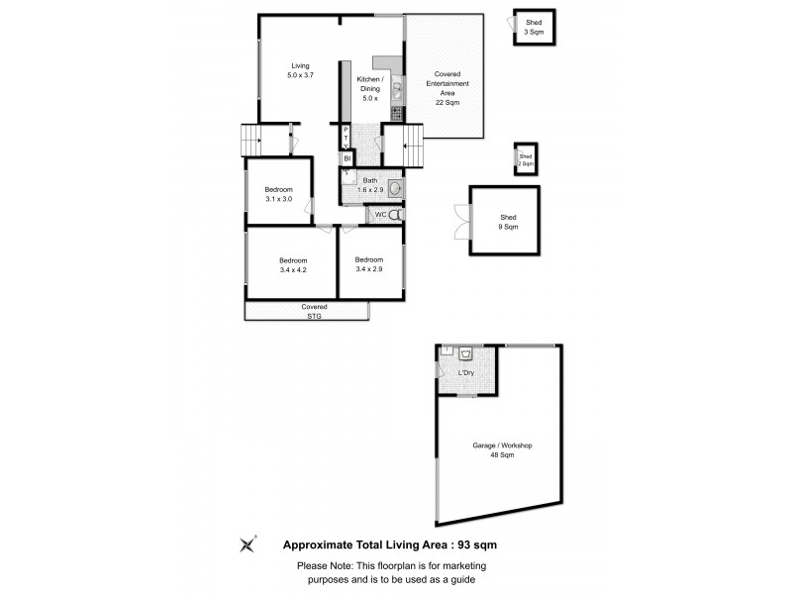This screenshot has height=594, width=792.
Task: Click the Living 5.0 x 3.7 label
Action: [300, 70]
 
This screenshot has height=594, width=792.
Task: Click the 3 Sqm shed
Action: [534, 28]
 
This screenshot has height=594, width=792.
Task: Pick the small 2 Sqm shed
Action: [526, 159]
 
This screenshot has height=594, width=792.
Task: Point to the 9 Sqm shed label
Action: [508, 222]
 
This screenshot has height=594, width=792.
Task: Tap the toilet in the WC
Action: [395, 214]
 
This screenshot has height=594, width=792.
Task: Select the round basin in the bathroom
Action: [394, 188]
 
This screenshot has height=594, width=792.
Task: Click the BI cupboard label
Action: [347, 158]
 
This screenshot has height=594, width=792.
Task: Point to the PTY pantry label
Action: [346, 139]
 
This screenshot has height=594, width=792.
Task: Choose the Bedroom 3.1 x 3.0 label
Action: [278, 194]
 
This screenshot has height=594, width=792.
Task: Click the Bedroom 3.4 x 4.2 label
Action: [293, 264]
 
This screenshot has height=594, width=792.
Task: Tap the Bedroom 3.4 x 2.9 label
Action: [370, 264]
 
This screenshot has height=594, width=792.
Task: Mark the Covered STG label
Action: [314, 312]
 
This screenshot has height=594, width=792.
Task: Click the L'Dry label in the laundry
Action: [465, 372]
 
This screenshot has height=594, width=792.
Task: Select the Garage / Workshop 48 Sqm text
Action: [502, 450]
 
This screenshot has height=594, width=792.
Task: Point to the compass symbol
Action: [247, 544]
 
